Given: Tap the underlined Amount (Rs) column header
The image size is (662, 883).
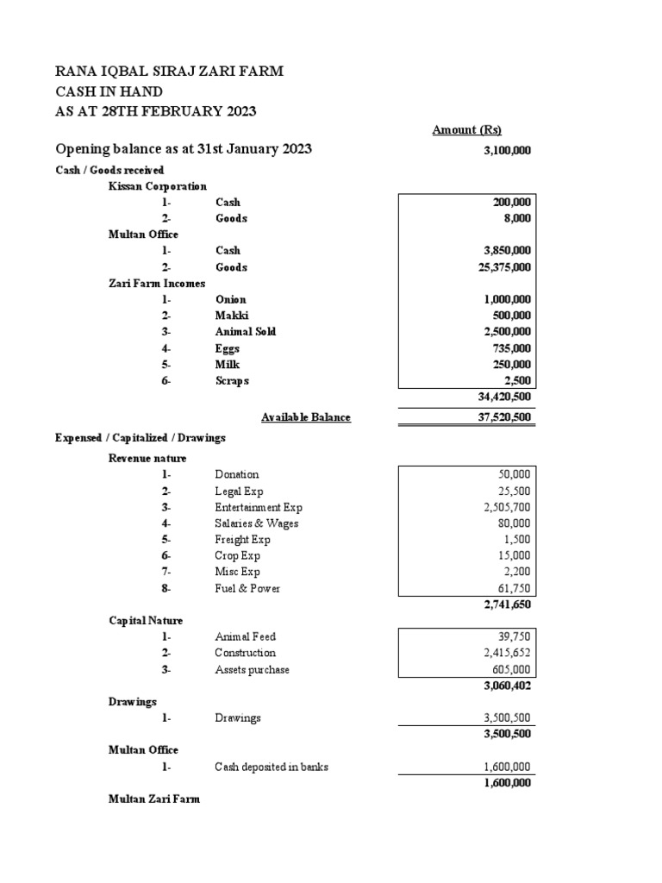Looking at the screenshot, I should (x=466, y=129).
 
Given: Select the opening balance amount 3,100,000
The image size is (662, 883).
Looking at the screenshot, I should (x=507, y=150).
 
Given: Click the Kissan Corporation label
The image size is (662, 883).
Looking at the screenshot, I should (x=158, y=185).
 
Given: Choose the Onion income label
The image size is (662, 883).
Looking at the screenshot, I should (x=230, y=299).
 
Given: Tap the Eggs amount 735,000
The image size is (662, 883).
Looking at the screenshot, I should (x=511, y=348).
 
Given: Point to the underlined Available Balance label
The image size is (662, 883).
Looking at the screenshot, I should (x=306, y=417).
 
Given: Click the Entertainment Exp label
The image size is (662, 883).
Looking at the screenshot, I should (x=259, y=507).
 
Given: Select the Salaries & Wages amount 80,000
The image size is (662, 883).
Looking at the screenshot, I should (x=515, y=523).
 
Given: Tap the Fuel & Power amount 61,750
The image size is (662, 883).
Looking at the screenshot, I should (x=515, y=588).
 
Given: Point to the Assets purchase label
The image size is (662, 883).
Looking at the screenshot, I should (x=252, y=669).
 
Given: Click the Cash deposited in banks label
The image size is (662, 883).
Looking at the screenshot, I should (x=272, y=767).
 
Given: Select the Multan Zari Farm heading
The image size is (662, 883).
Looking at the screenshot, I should (x=153, y=799).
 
